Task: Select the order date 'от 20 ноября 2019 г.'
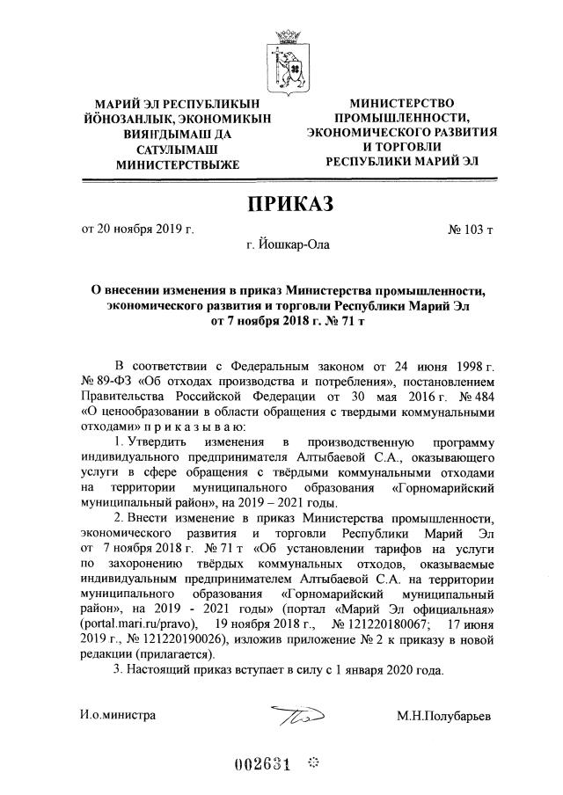point(137,230)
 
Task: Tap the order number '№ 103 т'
point(471,230)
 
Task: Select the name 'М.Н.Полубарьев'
point(444,715)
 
